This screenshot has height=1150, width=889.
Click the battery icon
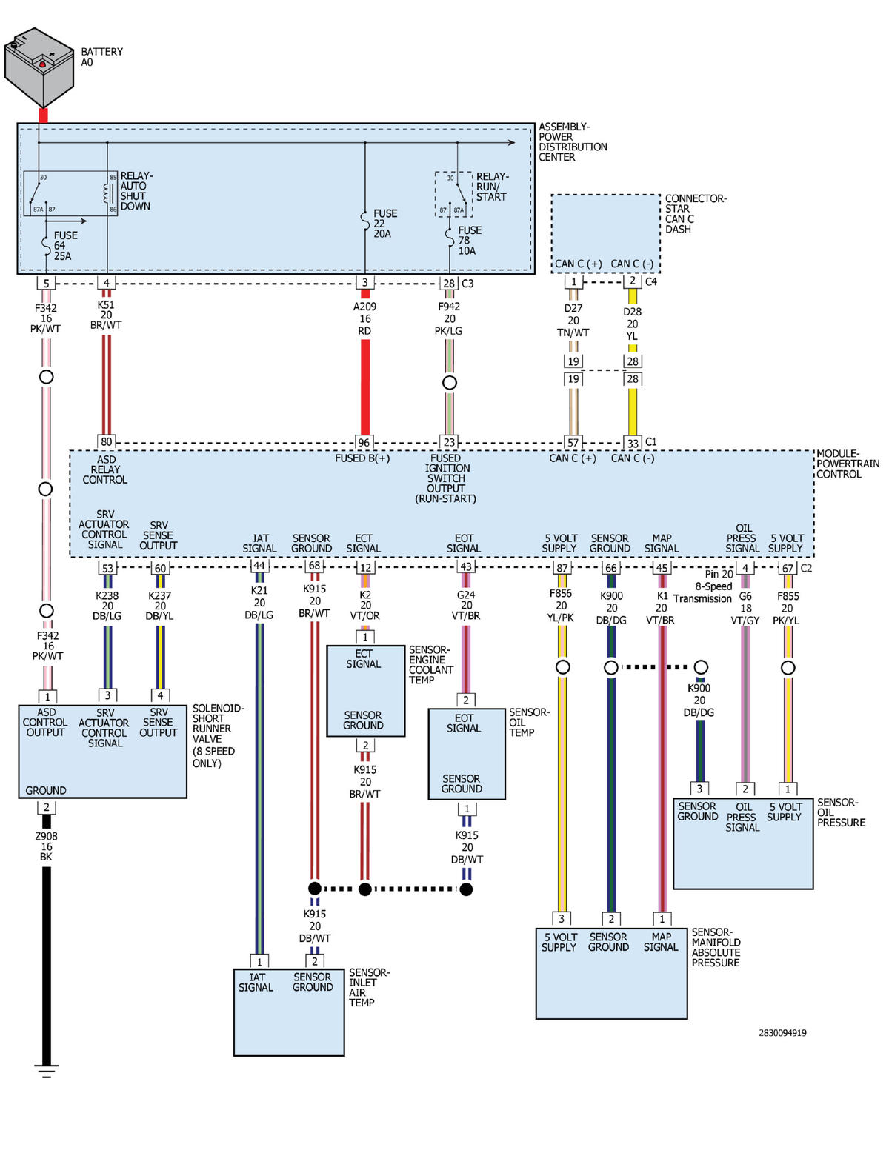tap(39, 67)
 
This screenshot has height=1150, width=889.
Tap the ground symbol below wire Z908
tap(47, 1071)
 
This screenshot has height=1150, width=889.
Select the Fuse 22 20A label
tap(385, 224)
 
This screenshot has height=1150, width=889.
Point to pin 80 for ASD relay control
tap(107, 441)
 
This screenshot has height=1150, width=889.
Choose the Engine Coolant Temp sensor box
tap(365, 690)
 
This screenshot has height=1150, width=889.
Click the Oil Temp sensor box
tap(467, 754)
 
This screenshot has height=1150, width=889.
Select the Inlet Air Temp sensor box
tap(289, 1012)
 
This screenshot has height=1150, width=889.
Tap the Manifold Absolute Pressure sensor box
tap(611, 973)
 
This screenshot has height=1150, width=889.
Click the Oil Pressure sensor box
tap(743, 843)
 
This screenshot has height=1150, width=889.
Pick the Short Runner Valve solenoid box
tap(103, 752)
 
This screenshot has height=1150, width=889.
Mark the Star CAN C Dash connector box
tap(606, 234)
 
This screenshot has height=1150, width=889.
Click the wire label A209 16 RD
tap(364, 318)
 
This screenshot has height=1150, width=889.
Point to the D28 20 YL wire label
tap(632, 324)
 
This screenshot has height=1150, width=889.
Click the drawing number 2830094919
tap(782, 1032)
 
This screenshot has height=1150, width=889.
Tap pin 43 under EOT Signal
tap(466, 566)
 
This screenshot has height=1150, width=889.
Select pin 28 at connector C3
tap(449, 283)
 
